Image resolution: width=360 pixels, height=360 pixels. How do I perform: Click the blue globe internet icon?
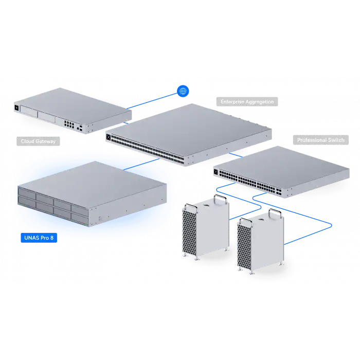pyautogui.click(x=183, y=91)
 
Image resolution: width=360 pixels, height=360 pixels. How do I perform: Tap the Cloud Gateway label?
pyautogui.click(x=38, y=140)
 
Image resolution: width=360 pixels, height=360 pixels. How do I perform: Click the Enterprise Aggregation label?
pyautogui.click(x=247, y=102)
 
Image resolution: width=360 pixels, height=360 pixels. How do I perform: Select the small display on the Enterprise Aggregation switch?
pyautogui.click(x=109, y=137)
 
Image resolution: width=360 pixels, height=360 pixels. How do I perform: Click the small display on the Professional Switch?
pyautogui.click(x=216, y=172)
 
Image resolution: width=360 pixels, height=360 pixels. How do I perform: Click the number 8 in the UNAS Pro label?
pyautogui.click(x=51, y=238)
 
